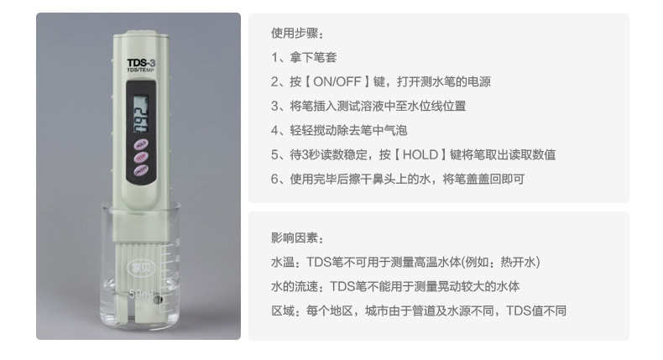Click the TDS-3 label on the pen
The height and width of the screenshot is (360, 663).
(138, 62)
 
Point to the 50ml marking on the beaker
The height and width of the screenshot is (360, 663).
(142, 295)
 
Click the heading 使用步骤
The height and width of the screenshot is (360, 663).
(296, 34)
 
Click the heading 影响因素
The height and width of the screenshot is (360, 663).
(296, 238)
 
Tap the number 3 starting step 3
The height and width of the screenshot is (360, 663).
(274, 107)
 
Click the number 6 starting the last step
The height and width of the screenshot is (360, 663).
(274, 179)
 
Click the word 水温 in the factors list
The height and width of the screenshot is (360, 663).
(283, 263)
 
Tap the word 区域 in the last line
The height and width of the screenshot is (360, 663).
(283, 310)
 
